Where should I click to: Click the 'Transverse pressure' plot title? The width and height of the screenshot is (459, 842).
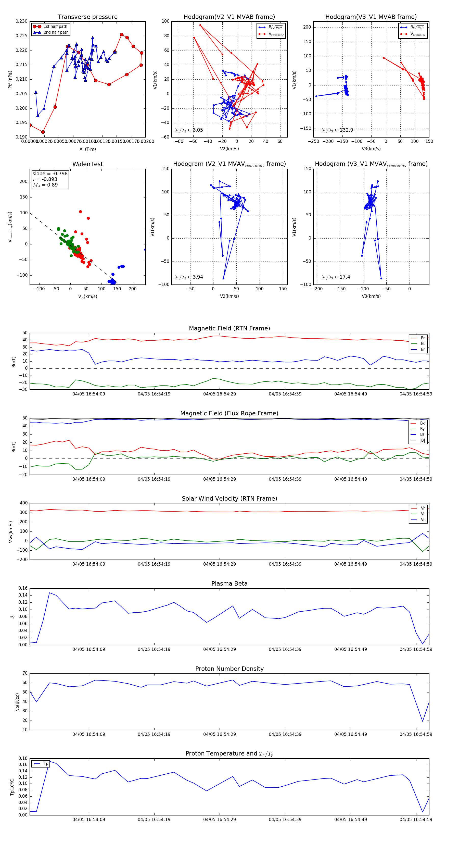point(87,17)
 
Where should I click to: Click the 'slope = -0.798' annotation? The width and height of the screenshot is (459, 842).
point(50,174)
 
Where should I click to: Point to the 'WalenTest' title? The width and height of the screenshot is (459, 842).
point(87,164)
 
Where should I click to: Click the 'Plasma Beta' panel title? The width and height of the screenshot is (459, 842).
point(229,584)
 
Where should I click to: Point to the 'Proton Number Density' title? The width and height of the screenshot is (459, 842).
point(229,669)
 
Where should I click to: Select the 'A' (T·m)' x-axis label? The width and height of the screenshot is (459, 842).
point(87,149)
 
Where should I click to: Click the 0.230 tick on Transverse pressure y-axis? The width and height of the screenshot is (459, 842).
point(22,21)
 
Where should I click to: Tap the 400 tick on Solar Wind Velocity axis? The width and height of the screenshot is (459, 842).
point(24,503)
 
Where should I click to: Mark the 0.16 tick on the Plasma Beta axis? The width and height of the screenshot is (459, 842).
point(23,588)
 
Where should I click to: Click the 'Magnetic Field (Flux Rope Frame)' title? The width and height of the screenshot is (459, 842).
point(229,414)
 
